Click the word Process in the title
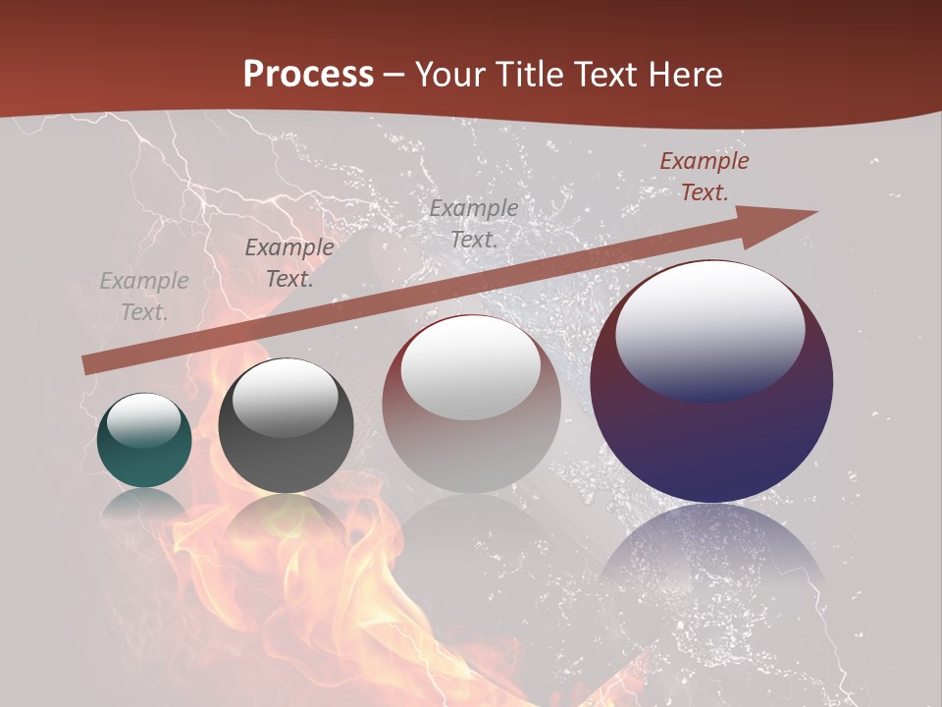click(x=308, y=75)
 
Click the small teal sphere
click(x=144, y=462)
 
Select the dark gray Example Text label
click(x=289, y=263)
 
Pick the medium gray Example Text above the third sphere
click(x=474, y=223)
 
